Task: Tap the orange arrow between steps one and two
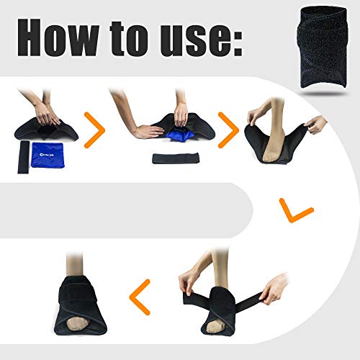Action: pyautogui.click(x=95, y=129)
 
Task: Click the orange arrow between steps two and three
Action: pyautogui.click(x=229, y=129)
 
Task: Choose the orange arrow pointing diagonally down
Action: pyautogui.click(x=296, y=212)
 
